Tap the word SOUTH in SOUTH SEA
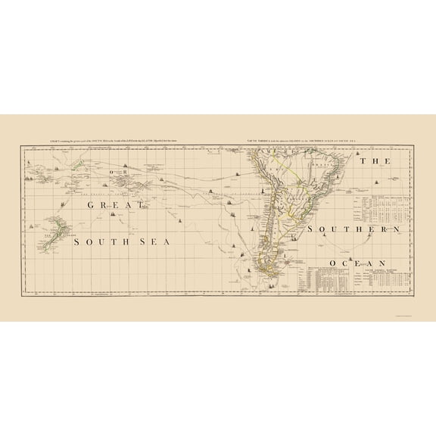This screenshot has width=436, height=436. click(100, 241)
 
